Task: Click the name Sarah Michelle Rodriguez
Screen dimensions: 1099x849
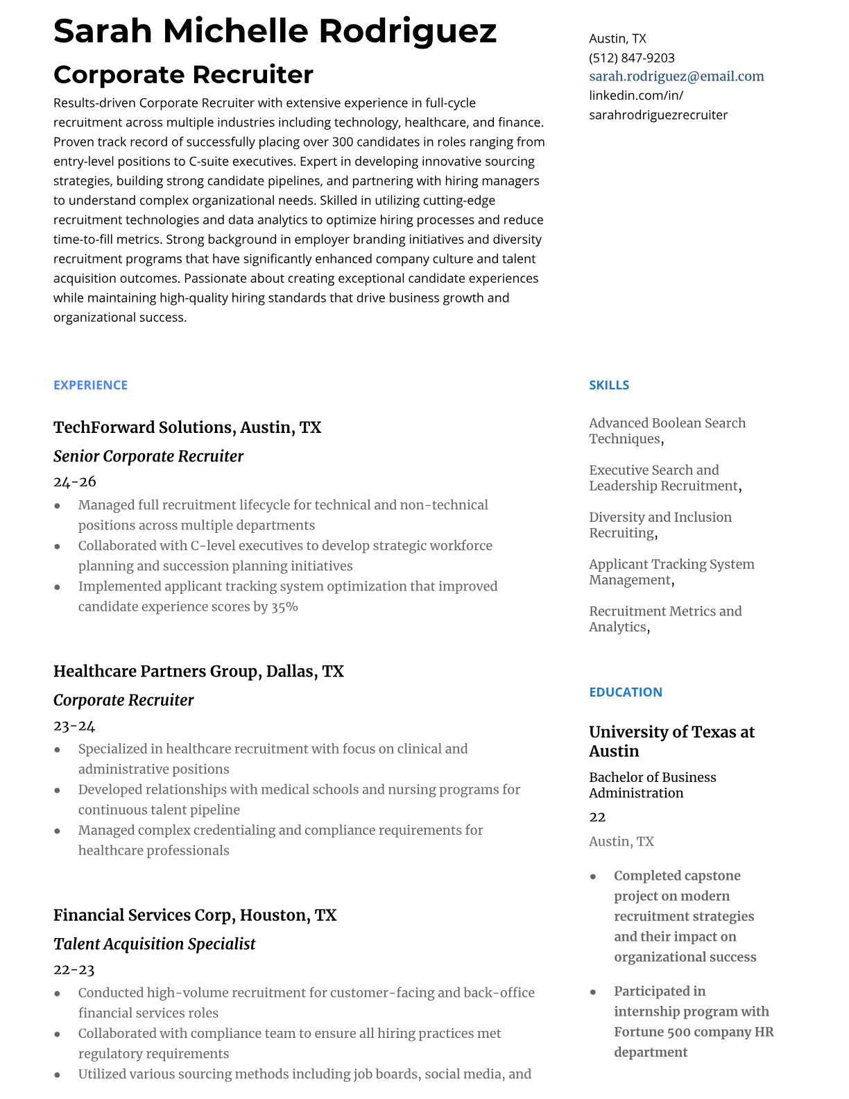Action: click(275, 31)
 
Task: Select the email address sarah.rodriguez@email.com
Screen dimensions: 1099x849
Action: click(676, 76)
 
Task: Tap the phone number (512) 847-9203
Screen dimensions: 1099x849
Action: click(631, 58)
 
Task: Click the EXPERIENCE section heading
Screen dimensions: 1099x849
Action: click(90, 385)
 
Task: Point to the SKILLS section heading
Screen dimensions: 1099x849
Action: click(609, 385)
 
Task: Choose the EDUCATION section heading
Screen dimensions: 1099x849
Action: click(625, 692)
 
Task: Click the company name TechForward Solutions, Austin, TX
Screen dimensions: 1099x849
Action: click(187, 427)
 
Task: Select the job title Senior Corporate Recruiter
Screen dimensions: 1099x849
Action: click(148, 457)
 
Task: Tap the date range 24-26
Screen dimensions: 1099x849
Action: click(74, 482)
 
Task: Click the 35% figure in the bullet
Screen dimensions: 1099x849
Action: click(284, 606)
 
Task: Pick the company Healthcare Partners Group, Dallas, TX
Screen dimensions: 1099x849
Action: click(198, 672)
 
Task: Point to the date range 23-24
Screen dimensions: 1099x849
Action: click(74, 726)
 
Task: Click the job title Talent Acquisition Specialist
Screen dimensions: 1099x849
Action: click(154, 944)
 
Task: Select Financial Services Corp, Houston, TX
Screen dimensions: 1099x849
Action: click(195, 915)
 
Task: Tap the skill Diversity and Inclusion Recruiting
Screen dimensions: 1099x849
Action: click(660, 525)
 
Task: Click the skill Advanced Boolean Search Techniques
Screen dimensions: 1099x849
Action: click(667, 431)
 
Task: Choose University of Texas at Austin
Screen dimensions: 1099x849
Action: click(671, 741)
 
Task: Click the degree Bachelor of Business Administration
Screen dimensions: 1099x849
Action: click(652, 785)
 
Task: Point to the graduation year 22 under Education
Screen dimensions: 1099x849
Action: click(597, 817)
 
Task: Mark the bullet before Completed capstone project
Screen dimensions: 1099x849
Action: click(593, 876)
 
